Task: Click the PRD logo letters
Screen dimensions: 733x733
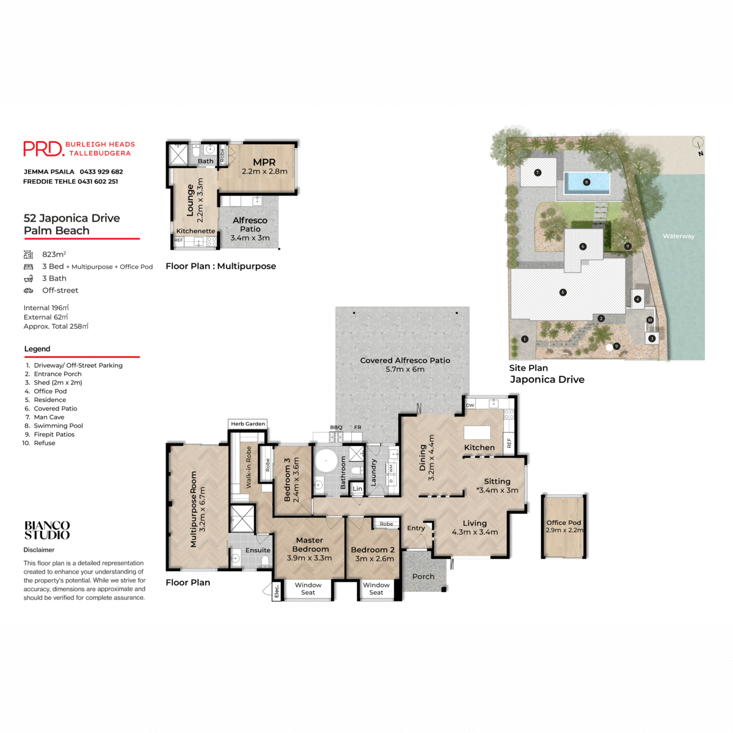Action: [x=43, y=148]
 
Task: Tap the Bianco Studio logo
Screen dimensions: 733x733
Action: [x=47, y=530]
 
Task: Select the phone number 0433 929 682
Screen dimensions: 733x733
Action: [x=101, y=172]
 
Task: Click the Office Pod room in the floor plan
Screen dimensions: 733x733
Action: [x=564, y=526]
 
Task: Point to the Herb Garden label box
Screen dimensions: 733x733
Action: [x=248, y=423]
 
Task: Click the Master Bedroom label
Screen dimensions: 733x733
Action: [x=310, y=544]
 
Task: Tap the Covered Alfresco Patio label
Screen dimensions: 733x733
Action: [x=405, y=360]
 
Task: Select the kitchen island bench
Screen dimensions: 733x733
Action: [x=477, y=432]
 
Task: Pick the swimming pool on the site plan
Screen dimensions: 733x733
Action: [x=586, y=182]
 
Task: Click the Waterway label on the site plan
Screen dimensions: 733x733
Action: [x=679, y=236]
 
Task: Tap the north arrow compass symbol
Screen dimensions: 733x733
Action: [x=698, y=144]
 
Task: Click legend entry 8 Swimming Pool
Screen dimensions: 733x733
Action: [x=58, y=426]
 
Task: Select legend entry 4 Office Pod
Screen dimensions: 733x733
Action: [x=50, y=391]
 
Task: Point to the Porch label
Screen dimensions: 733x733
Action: [x=423, y=577]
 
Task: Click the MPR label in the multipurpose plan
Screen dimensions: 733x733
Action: [x=264, y=162]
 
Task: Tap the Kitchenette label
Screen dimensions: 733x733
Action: [x=195, y=231]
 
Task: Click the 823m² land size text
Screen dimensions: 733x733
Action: [x=54, y=254]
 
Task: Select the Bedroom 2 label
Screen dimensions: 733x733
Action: [x=373, y=550]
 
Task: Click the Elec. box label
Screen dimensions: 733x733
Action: [x=277, y=591]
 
